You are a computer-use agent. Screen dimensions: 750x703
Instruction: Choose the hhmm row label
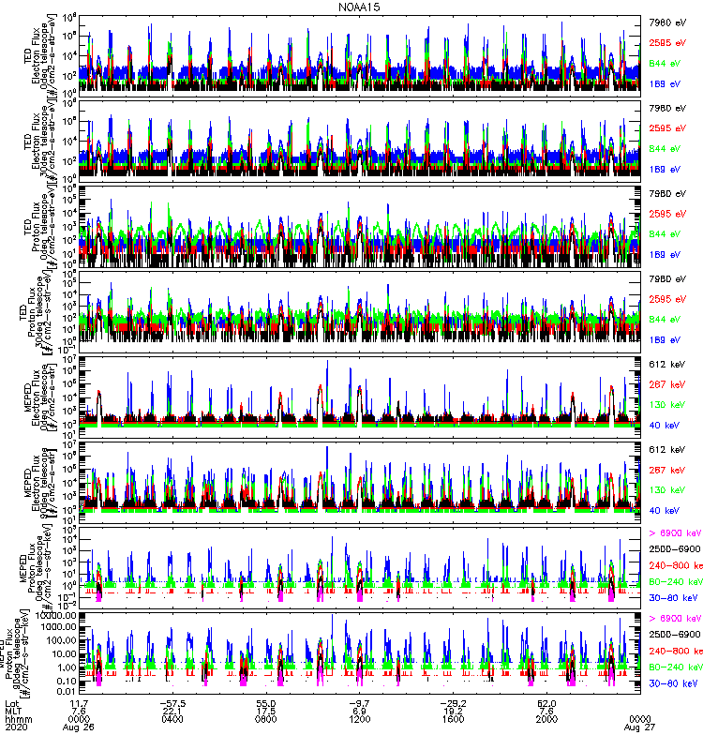click(x=18, y=717)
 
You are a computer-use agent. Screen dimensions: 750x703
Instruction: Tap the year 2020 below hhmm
click(x=16, y=727)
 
